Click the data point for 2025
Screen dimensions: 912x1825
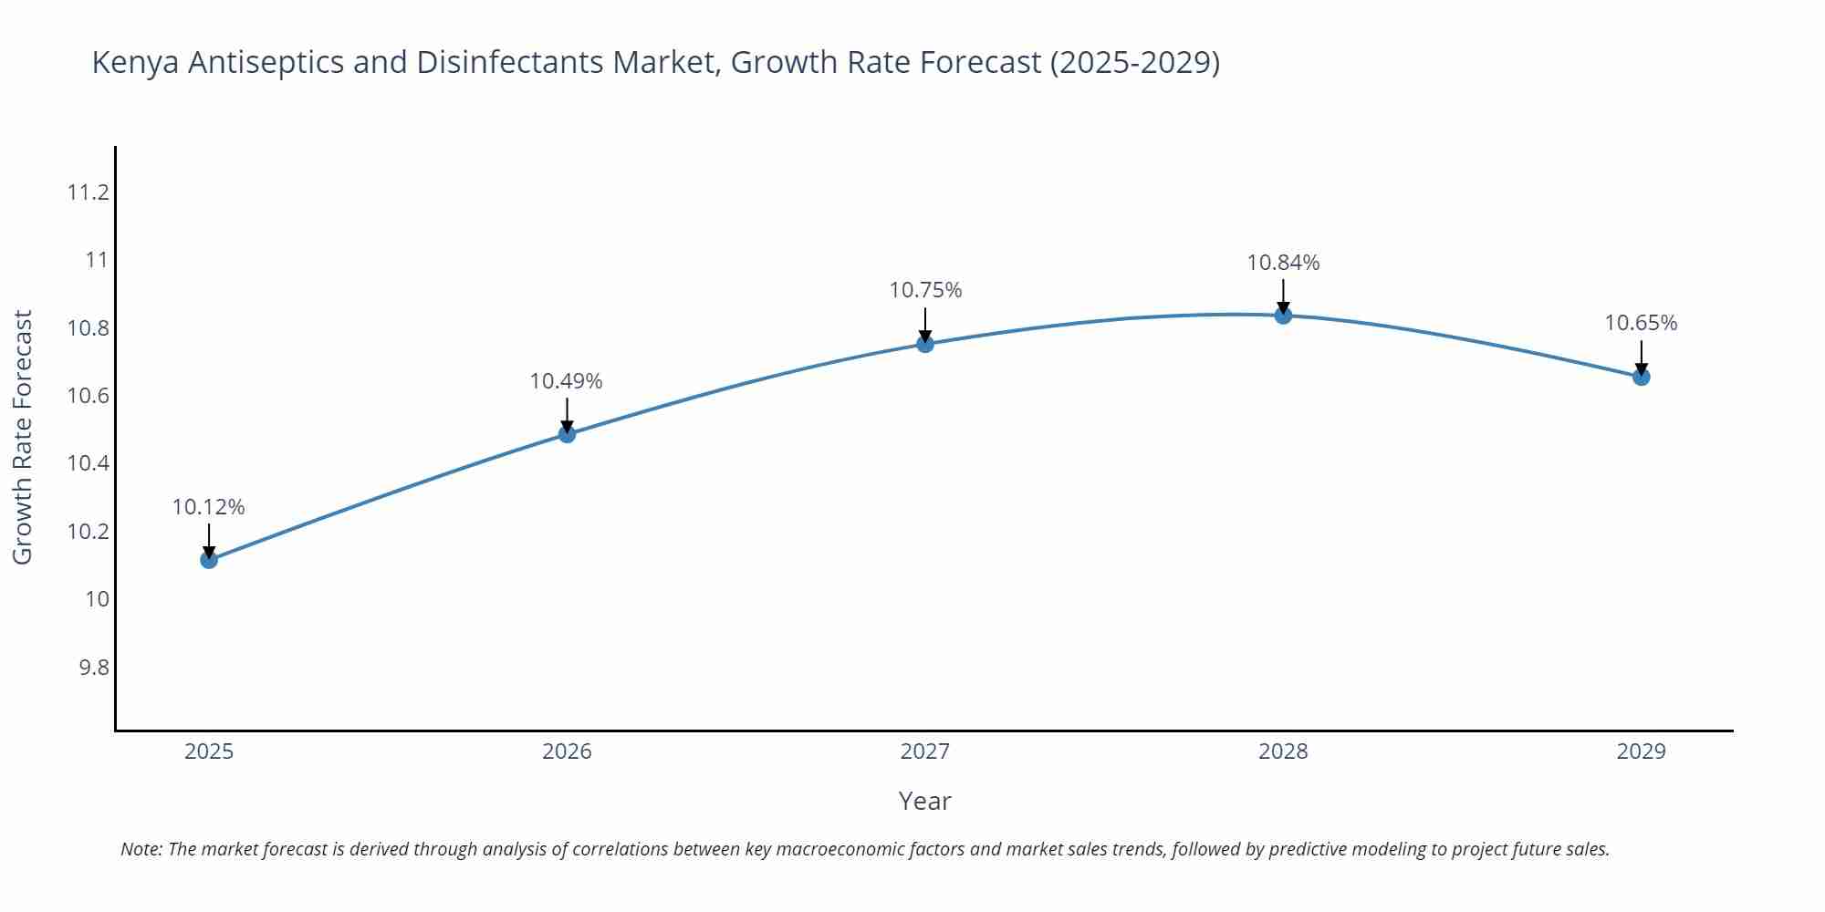(209, 559)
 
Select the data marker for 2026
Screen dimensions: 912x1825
(567, 434)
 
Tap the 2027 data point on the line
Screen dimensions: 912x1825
(925, 344)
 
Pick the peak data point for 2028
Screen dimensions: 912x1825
(1283, 316)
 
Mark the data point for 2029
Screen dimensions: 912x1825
(1641, 377)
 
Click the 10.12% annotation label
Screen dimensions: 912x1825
(209, 507)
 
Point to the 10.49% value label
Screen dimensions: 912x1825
(567, 381)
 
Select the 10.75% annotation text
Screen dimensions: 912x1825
(925, 290)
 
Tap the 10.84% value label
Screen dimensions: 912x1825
(1283, 263)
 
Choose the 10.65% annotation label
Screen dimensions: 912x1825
(1641, 323)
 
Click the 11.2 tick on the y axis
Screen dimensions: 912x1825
(88, 192)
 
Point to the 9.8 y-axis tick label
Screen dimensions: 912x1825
(93, 668)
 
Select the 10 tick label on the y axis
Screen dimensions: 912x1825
(97, 599)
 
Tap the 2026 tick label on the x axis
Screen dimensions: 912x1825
(567, 751)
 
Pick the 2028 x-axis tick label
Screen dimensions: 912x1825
(1283, 751)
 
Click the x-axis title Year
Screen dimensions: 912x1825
(924, 801)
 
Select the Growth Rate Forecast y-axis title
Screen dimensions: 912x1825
(22, 437)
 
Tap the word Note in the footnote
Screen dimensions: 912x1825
(141, 849)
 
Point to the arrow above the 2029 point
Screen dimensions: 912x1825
(1641, 358)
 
